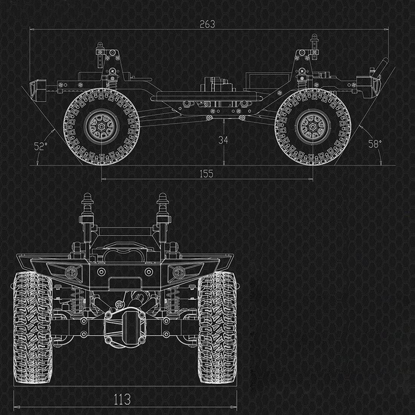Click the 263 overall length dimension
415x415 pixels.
207,25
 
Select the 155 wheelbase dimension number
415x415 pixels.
206,174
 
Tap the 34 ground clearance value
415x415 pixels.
223,140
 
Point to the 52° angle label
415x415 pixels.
40,146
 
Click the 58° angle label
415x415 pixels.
375,144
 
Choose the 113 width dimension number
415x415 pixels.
122,400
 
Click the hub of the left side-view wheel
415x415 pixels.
101,126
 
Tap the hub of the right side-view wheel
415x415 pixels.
313,126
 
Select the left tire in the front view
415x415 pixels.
32,327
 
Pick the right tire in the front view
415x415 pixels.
217,327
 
